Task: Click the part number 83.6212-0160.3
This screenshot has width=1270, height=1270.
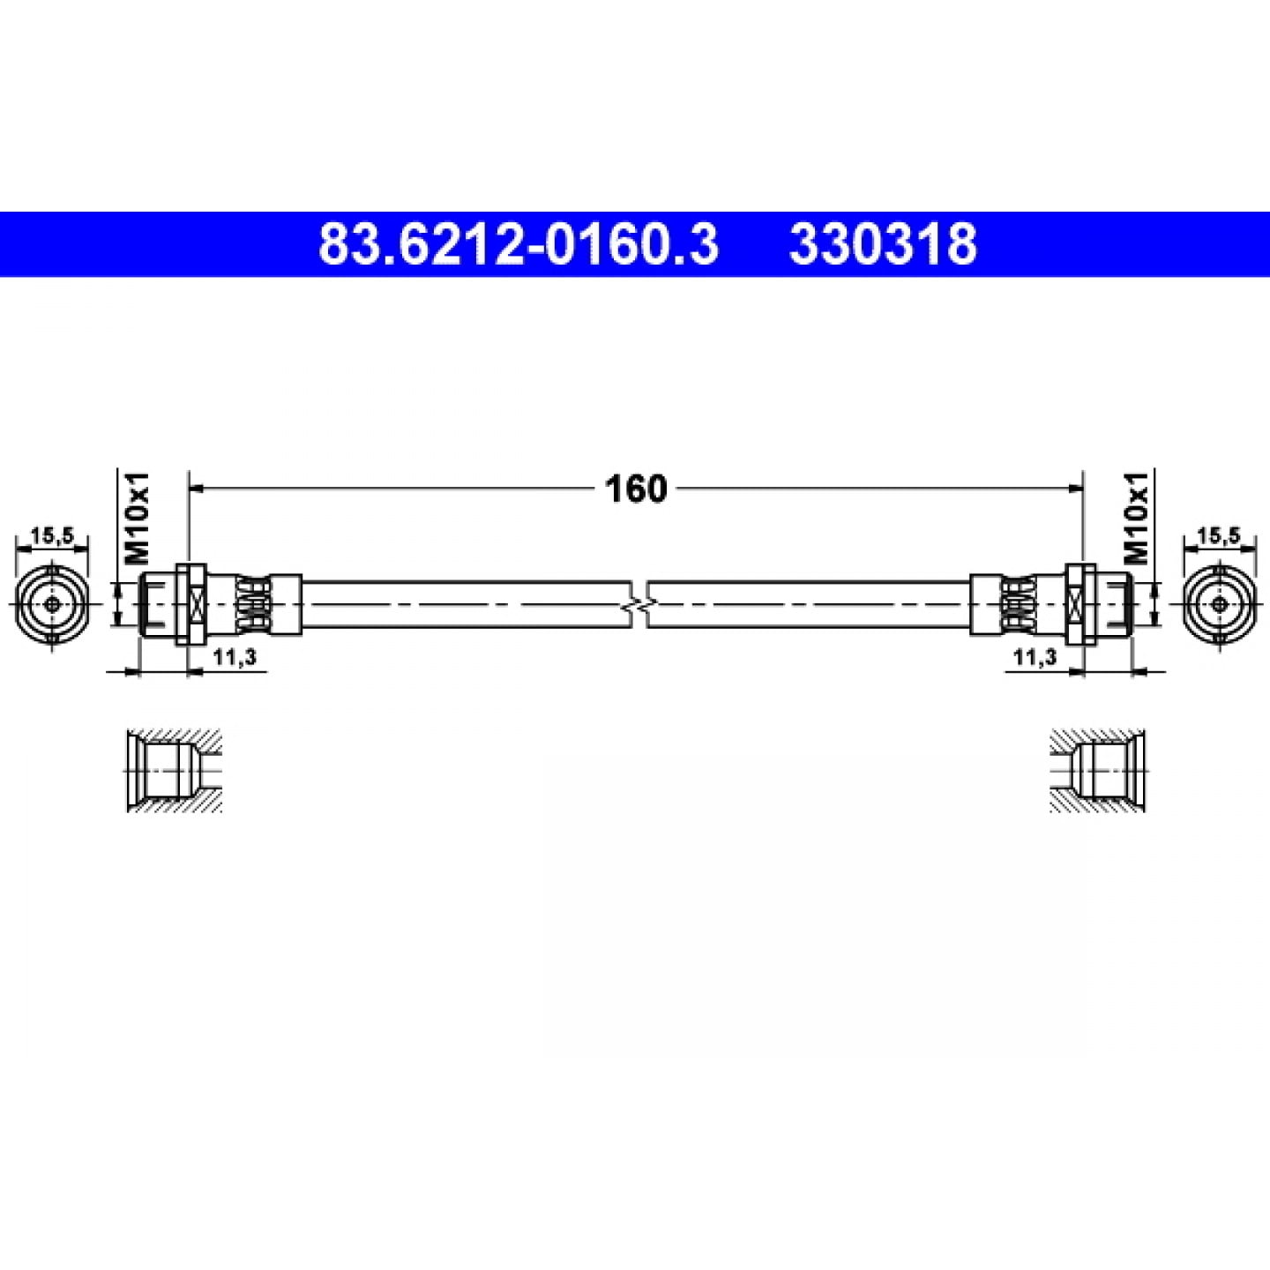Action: (x=518, y=244)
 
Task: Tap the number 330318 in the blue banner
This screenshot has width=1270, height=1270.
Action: (x=883, y=244)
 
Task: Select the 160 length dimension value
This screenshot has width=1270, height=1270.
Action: (x=636, y=489)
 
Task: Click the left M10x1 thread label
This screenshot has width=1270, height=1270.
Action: (x=137, y=518)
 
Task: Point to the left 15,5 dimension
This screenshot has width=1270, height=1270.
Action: (x=51, y=536)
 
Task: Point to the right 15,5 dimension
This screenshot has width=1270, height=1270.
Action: (x=1219, y=536)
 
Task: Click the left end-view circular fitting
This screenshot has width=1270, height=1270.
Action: (x=51, y=604)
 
